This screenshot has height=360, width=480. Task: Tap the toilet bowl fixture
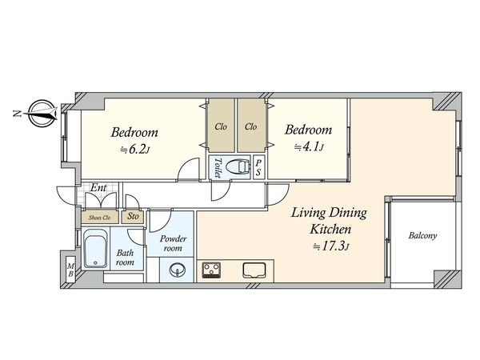pyautogui.click(x=238, y=167)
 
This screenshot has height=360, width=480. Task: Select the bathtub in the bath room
pyautogui.click(x=95, y=248)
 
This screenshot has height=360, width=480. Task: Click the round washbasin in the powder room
pyautogui.click(x=178, y=270)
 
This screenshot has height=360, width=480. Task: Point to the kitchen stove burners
pyautogui.click(x=211, y=270)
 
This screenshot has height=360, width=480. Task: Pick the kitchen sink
pyautogui.click(x=254, y=270)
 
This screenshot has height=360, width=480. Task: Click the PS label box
pyautogui.click(x=258, y=168)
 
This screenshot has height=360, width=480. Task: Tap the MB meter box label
pyautogui.click(x=70, y=270)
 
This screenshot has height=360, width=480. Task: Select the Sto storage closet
pyautogui.click(x=133, y=217)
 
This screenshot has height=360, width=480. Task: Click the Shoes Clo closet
pyautogui.click(x=100, y=218)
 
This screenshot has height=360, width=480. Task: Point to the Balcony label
pyautogui.click(x=422, y=236)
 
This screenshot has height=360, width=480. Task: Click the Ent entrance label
pyautogui.click(x=98, y=187)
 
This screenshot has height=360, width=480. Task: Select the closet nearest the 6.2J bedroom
pyautogui.click(x=221, y=126)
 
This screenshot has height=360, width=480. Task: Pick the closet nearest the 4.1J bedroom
pyautogui.click(x=250, y=126)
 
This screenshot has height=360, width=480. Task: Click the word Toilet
pyautogui.click(x=218, y=168)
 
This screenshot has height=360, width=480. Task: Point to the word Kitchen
pyautogui.click(x=330, y=229)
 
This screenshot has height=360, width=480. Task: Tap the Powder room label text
pyautogui.click(x=173, y=243)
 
